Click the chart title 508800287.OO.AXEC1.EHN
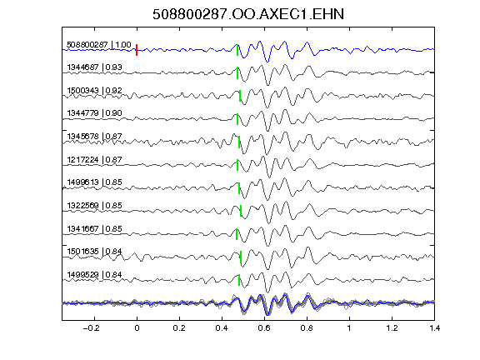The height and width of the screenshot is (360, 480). click(x=248, y=14)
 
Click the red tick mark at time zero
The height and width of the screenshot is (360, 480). click(x=137, y=50)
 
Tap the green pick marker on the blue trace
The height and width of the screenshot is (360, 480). click(x=237, y=50)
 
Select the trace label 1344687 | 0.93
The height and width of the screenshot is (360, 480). click(x=94, y=67)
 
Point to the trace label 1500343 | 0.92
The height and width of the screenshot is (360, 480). click(x=94, y=91)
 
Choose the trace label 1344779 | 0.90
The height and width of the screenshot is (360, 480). click(x=94, y=113)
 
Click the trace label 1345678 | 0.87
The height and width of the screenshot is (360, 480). click(x=94, y=136)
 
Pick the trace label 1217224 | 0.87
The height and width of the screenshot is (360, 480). click(x=94, y=159)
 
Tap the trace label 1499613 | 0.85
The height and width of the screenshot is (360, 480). click(x=94, y=182)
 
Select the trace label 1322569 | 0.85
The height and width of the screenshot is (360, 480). click(x=94, y=205)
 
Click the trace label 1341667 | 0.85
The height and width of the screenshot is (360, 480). click(x=94, y=228)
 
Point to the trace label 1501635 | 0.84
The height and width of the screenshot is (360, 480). click(x=94, y=252)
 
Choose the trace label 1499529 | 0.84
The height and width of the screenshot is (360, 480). click(x=94, y=275)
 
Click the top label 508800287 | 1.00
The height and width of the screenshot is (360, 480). click(x=99, y=45)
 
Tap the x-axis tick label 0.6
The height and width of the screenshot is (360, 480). click(x=264, y=328)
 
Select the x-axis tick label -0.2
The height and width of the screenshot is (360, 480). click(x=91, y=328)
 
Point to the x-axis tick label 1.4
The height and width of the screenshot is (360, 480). click(x=434, y=328)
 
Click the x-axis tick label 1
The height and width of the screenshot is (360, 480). click(x=349, y=328)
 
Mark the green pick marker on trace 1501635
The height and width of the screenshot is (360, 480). click(x=241, y=257)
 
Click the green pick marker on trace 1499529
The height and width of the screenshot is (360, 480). click(x=239, y=280)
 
